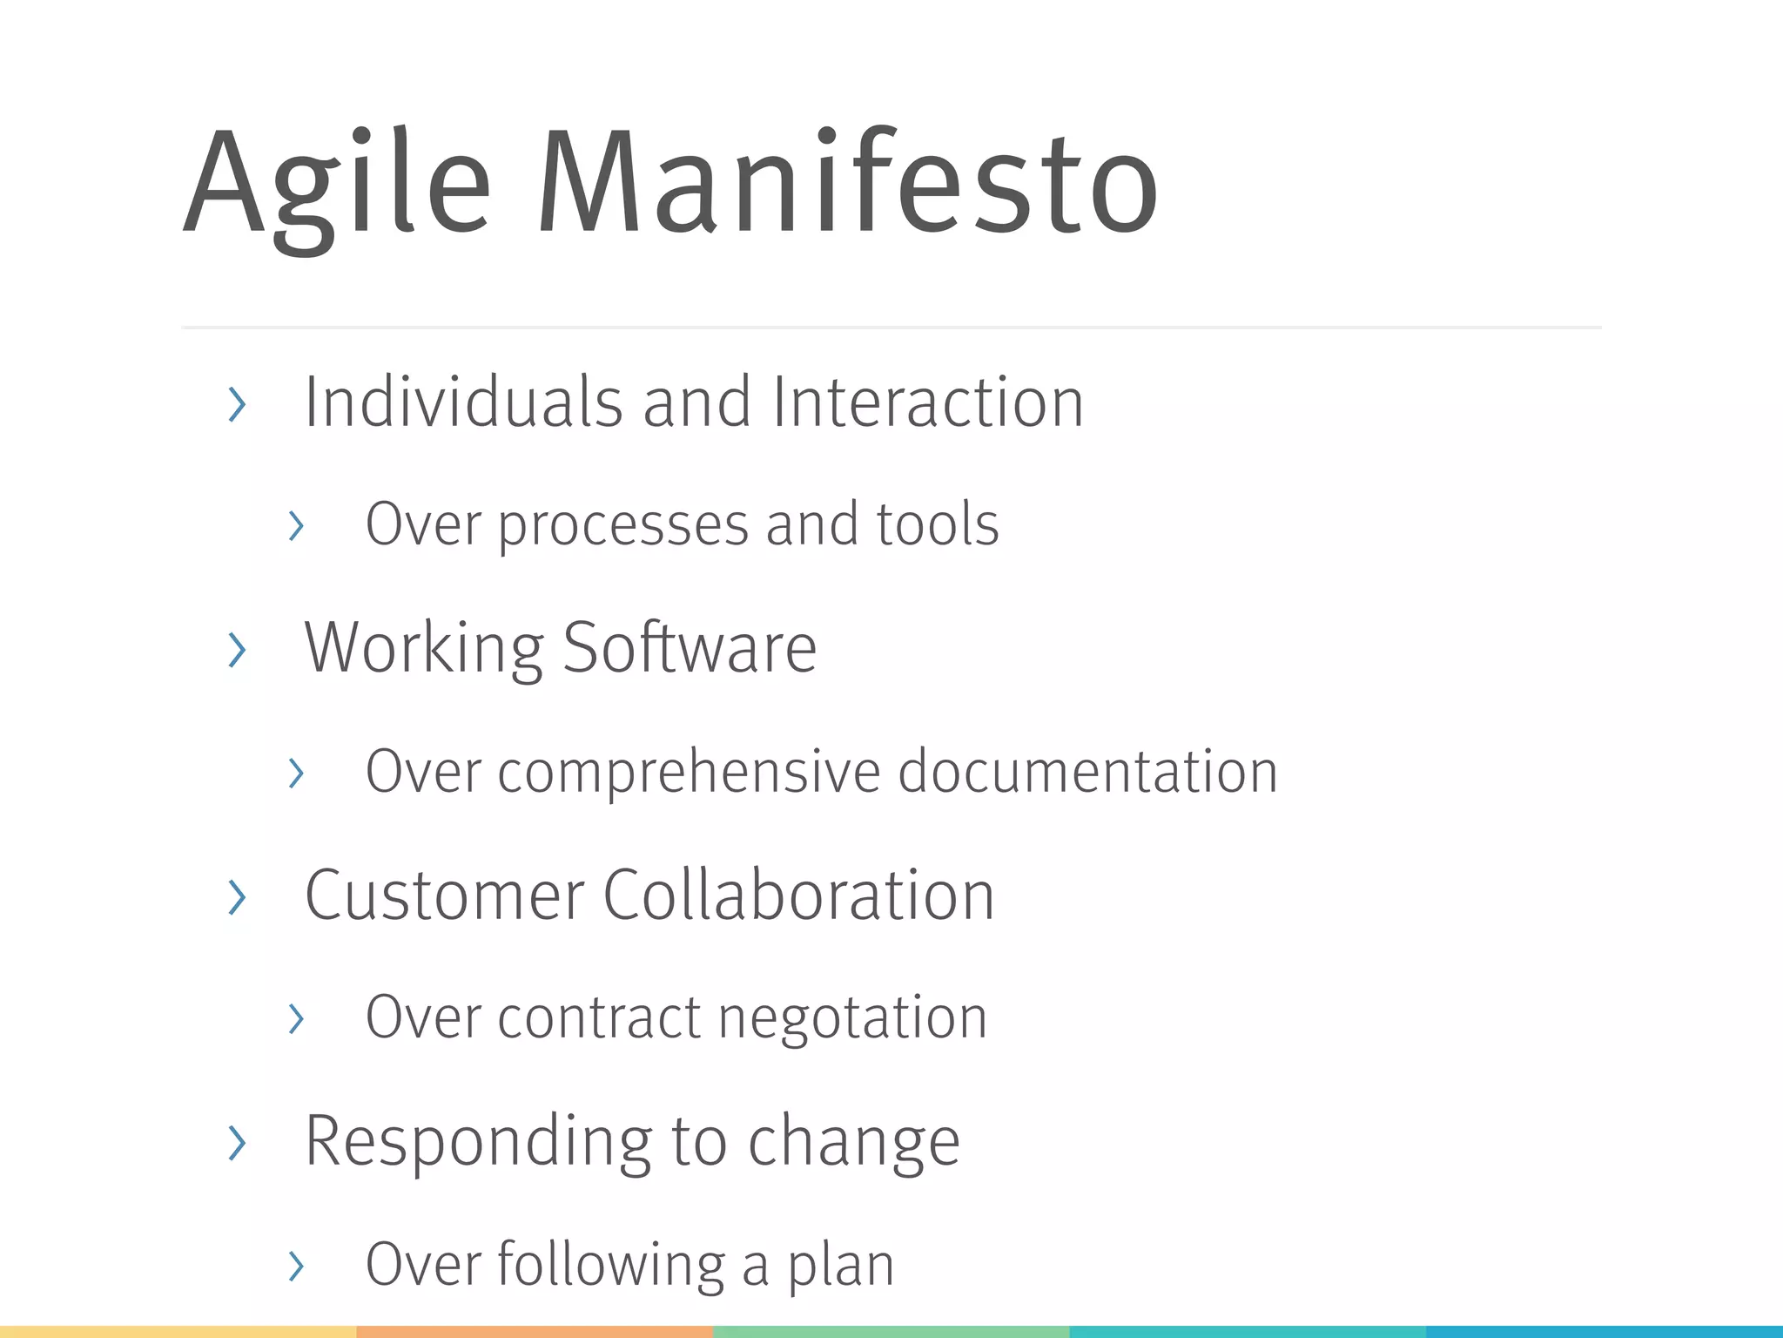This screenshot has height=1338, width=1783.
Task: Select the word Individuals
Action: [x=462, y=402]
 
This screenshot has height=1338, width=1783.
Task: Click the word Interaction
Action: [x=927, y=402]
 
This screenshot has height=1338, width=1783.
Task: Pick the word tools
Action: [x=937, y=524]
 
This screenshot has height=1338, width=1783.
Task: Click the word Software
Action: [x=690, y=648]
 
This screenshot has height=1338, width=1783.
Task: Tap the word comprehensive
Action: [x=689, y=773]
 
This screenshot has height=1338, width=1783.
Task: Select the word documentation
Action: [x=1087, y=772]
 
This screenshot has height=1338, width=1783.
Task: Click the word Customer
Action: [x=444, y=895]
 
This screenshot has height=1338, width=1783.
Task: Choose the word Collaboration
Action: [x=798, y=895]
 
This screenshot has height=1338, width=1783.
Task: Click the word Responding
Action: [x=478, y=1143]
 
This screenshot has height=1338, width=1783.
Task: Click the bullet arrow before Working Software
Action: [x=237, y=650]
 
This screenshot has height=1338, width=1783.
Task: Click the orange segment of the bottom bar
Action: [x=535, y=1332]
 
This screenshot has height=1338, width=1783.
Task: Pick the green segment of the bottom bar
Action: [x=891, y=1332]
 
